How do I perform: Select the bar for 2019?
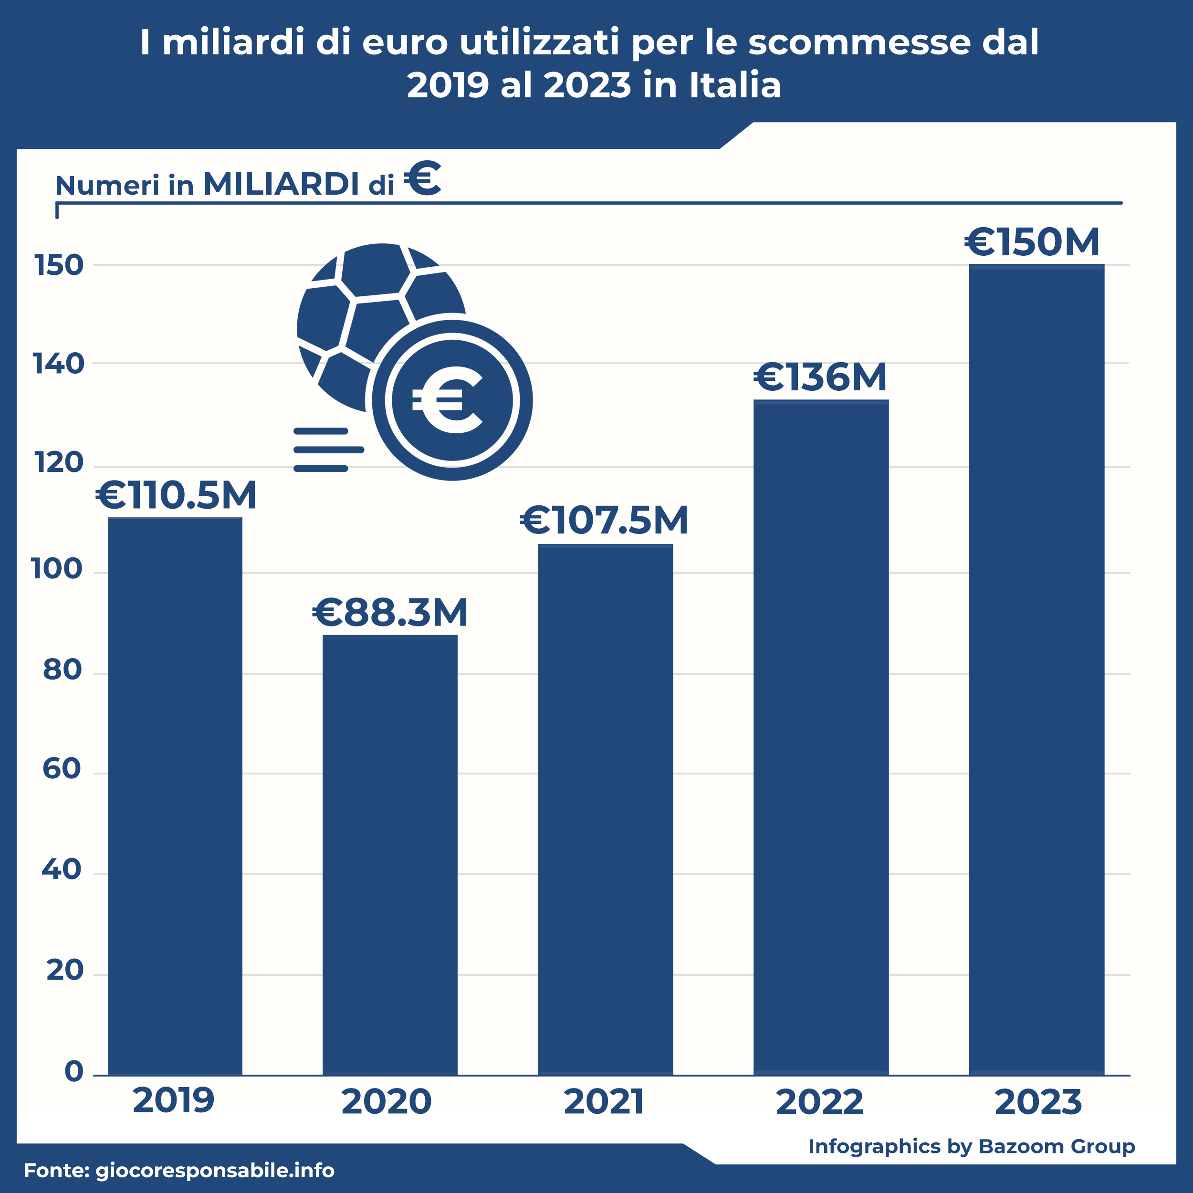[175, 796]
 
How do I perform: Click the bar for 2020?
[390, 855]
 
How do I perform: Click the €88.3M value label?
[390, 613]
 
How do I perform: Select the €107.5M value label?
[604, 520]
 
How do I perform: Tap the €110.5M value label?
[176, 495]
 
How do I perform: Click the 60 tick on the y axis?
[62, 769]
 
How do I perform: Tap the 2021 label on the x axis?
[604, 1102]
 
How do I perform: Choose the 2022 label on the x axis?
[819, 1102]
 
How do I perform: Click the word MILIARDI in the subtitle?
[282, 184]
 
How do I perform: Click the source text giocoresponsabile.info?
[215, 1170]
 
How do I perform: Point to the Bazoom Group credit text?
[1057, 1146]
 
